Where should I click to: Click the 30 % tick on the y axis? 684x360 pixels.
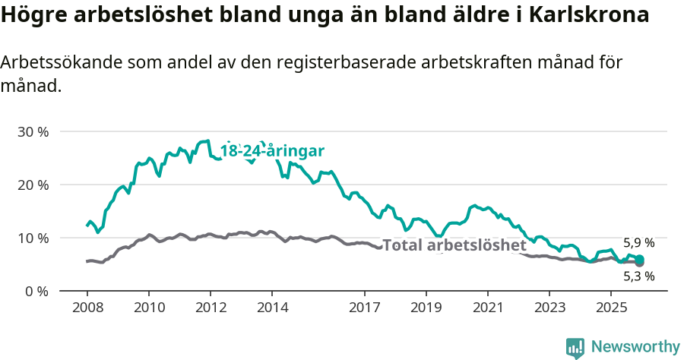coord(33,131)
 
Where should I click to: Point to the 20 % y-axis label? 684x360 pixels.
coord(33,185)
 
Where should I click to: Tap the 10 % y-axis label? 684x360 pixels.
coord(33,238)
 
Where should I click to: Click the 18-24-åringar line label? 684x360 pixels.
coord(272,151)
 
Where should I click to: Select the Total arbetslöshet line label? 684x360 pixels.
coord(454,245)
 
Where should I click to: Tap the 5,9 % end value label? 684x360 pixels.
coord(638,243)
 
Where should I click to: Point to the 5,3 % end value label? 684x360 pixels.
coord(638,276)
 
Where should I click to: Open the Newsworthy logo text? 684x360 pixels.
coord(635,347)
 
